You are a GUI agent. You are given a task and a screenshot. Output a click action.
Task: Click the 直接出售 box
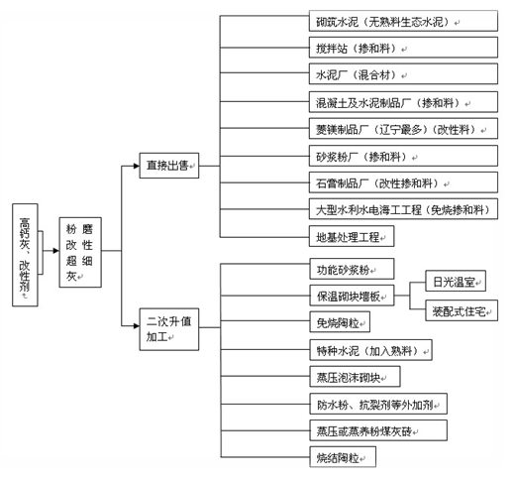click(x=169, y=166)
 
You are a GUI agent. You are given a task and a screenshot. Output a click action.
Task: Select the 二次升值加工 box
click(x=169, y=329)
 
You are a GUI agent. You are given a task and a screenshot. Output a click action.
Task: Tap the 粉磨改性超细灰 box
click(x=80, y=252)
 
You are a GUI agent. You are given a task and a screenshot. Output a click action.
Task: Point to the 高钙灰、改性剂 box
click(x=25, y=255)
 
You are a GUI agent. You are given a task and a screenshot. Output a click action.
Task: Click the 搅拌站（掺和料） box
click(x=403, y=48)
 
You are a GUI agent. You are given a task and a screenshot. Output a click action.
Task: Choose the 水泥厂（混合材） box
click(x=403, y=74)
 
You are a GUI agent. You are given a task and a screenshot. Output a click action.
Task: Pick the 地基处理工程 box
click(x=352, y=236)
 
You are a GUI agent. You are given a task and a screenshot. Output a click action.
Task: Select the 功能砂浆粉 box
click(x=352, y=269)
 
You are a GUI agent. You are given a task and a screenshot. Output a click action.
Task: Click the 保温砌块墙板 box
click(x=352, y=296)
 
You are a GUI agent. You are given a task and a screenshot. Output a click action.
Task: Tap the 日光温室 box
click(x=456, y=281)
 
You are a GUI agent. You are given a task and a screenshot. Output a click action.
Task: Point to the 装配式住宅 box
click(x=462, y=310)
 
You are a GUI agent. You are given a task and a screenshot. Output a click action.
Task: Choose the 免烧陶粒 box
click(x=340, y=322)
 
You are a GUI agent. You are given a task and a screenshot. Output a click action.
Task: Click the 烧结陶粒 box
click(x=343, y=457)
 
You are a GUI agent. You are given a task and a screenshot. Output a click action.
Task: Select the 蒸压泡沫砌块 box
click(x=355, y=376)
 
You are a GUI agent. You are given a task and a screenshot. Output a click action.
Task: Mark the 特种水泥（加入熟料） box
click(x=370, y=350)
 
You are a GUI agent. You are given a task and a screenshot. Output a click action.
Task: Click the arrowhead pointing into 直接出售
click(x=137, y=166)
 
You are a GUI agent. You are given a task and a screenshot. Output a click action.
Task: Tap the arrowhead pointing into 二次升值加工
click(x=137, y=326)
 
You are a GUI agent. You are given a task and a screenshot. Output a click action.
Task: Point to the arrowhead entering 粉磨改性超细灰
click(x=56, y=251)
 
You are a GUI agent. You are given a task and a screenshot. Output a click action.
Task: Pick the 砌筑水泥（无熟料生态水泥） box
click(x=403, y=21)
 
